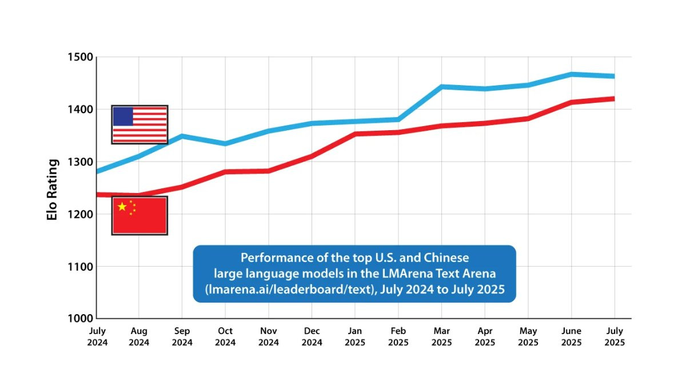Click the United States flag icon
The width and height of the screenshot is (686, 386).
(x=139, y=124)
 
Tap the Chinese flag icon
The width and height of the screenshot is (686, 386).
(x=139, y=216)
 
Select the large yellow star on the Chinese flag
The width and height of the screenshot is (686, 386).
(x=122, y=207)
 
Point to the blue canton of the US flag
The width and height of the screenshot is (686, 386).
(x=123, y=116)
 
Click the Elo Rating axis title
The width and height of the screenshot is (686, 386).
(x=53, y=190)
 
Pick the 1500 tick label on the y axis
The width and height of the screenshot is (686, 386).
(x=80, y=57)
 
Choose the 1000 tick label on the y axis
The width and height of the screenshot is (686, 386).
(x=80, y=319)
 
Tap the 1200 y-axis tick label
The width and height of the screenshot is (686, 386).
(x=80, y=214)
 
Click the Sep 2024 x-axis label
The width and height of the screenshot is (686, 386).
(x=182, y=336)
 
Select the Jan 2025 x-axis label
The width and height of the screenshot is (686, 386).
(x=355, y=336)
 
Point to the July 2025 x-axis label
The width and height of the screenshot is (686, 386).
(x=615, y=336)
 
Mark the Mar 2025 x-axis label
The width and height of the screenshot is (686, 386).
(x=441, y=336)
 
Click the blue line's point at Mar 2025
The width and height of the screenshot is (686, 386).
(x=441, y=87)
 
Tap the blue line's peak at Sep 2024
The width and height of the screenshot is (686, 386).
(x=182, y=136)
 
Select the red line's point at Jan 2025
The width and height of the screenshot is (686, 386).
(x=355, y=134)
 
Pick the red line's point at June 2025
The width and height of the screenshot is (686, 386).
(x=572, y=102)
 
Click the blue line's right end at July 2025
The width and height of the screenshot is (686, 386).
(x=615, y=76)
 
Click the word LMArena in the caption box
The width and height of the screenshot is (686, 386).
(x=407, y=274)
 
